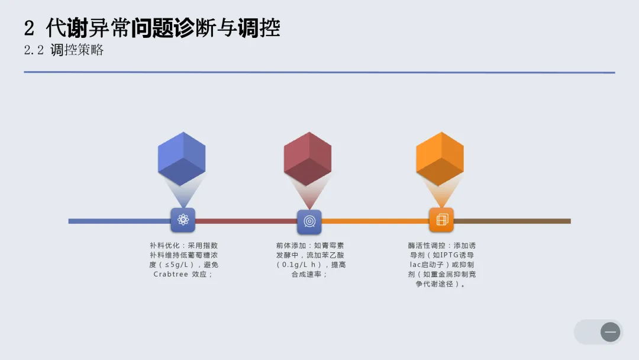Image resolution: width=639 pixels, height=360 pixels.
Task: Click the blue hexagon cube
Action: tap(182, 158)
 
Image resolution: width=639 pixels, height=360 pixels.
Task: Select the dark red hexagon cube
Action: tap(307, 158)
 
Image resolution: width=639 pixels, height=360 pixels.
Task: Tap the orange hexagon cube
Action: tap(440, 158)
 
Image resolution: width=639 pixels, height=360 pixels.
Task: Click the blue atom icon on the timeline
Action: tap(183, 220)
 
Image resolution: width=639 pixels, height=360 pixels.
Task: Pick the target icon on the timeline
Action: tap(309, 221)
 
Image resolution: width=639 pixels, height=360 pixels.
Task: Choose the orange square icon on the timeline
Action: tap(441, 220)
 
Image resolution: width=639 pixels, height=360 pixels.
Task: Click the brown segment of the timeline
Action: tap(512, 221)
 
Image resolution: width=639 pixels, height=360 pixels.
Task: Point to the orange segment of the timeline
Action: tap(375, 221)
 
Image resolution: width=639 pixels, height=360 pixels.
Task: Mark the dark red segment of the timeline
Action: tap(246, 221)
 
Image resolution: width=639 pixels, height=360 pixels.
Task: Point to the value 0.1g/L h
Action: tap(301, 265)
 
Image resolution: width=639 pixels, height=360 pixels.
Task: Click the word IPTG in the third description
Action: tap(443, 255)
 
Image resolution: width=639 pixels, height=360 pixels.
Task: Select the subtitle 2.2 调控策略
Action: tap(64, 50)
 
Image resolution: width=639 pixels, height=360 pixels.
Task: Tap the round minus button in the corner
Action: tap(610, 332)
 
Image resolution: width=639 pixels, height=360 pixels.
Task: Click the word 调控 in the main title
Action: tap(259, 28)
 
